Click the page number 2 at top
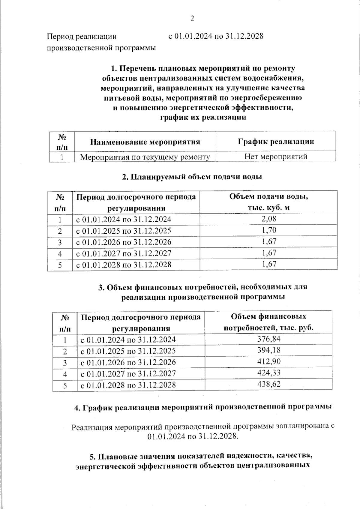192,19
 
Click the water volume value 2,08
269,219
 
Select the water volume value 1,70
269,230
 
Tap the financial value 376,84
269,339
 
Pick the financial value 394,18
269,350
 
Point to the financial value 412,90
269,361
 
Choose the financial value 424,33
269,373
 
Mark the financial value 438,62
269,384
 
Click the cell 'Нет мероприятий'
276,156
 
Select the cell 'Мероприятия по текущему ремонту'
145,157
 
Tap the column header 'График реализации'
276,141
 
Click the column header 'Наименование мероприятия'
145,142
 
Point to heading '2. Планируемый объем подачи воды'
192,177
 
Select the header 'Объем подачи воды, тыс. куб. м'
269,202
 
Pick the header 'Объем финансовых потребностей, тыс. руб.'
269,322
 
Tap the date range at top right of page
216,36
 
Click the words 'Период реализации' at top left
82,37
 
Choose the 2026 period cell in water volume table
124,242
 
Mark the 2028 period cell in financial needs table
128,385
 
